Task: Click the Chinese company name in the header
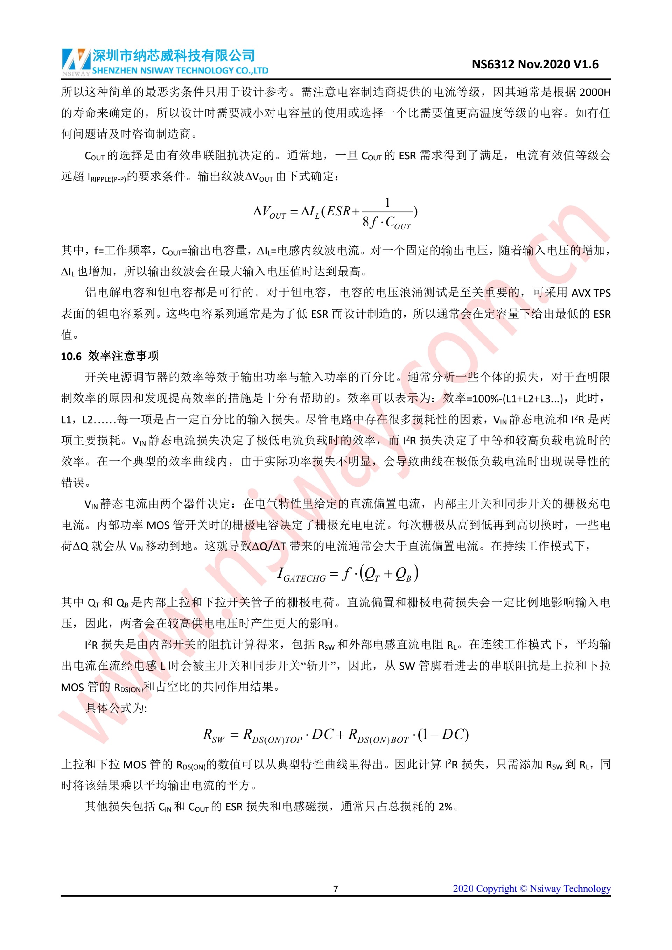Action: pos(173,55)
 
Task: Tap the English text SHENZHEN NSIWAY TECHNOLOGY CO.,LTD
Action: pos(180,71)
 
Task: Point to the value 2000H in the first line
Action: pos(595,92)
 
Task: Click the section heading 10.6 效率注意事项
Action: pos(110,356)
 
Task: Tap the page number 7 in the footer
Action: pos(336,889)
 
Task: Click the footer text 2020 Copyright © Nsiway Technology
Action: pos(531,888)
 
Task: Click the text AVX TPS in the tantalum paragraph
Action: pos(591,293)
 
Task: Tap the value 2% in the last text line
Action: pos(445,807)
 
